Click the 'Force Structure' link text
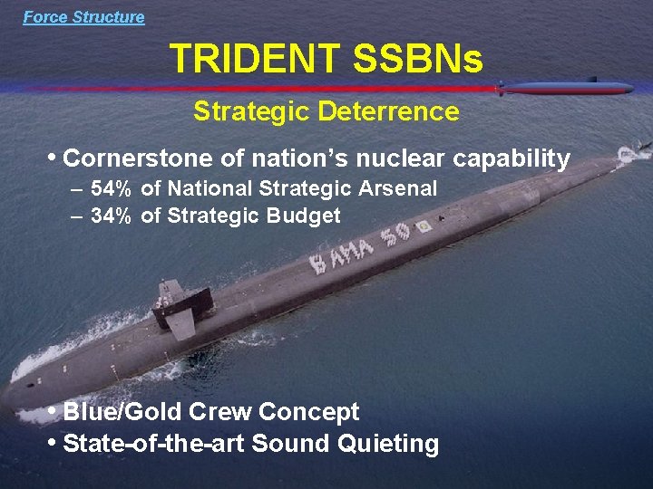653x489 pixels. pyautogui.click(x=83, y=17)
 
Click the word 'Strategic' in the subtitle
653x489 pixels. pyautogui.click(x=251, y=112)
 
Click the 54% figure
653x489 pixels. pyautogui.click(x=112, y=189)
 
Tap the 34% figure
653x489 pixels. pyautogui.click(x=112, y=216)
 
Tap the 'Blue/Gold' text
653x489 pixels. pyautogui.click(x=126, y=412)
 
